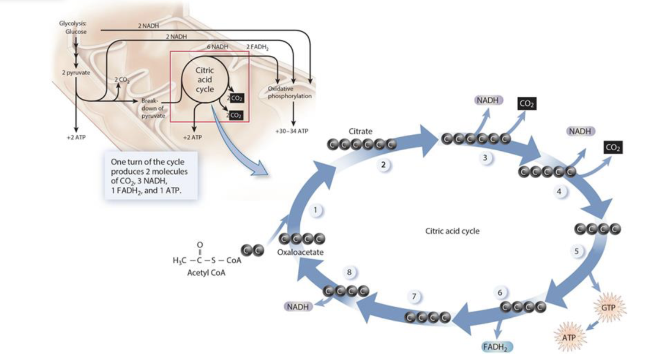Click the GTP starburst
tap(608, 308)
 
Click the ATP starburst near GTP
tap(569, 337)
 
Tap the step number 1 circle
tap(315, 210)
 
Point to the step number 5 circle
tap(577, 251)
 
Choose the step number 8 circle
tap(349, 273)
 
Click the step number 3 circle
tap(485, 158)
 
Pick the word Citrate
tap(360, 131)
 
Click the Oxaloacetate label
tap(300, 252)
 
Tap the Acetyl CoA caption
tap(206, 273)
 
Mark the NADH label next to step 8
tap(297, 307)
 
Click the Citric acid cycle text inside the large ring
tap(452, 231)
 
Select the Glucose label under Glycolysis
tap(76, 32)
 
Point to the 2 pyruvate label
tap(76, 72)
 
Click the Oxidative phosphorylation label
tap(289, 92)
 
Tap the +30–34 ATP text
tap(291, 131)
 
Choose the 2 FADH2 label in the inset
tap(257, 47)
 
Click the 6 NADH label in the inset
tap(217, 47)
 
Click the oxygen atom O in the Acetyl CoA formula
tap(200, 244)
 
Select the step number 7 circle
tap(414, 297)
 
